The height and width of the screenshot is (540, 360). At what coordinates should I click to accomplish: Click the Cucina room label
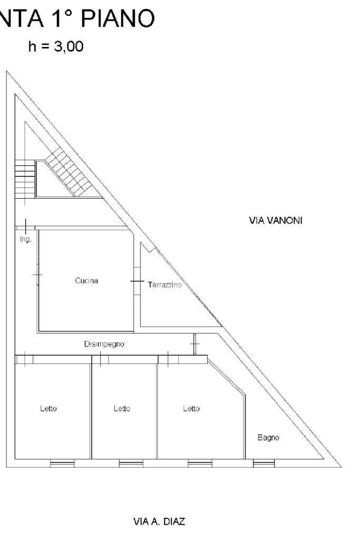[x=86, y=281]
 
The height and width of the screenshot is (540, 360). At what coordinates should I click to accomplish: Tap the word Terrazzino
[x=164, y=285]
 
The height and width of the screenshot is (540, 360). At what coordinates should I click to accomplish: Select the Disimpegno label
[x=104, y=344]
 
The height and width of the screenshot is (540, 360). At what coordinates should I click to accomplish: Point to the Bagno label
[x=268, y=437]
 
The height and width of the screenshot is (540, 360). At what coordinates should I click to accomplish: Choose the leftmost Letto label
[x=48, y=408]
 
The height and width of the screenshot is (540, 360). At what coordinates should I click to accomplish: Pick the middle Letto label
[x=122, y=408]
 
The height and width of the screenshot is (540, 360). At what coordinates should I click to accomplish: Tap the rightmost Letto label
[x=191, y=408]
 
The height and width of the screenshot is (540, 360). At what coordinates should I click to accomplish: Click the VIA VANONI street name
[x=275, y=220]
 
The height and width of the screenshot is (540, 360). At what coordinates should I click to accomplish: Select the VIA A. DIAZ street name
[x=160, y=522]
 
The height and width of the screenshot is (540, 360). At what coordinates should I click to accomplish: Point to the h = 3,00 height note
[x=56, y=48]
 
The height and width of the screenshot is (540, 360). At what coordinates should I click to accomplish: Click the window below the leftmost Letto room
[x=62, y=464]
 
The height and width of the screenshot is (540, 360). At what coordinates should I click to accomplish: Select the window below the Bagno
[x=264, y=464]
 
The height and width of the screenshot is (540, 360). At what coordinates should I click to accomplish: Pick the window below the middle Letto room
[x=131, y=464]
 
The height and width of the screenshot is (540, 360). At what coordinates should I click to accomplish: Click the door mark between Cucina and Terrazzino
[x=137, y=281]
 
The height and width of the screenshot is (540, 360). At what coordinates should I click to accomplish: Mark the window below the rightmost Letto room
[x=200, y=464]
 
